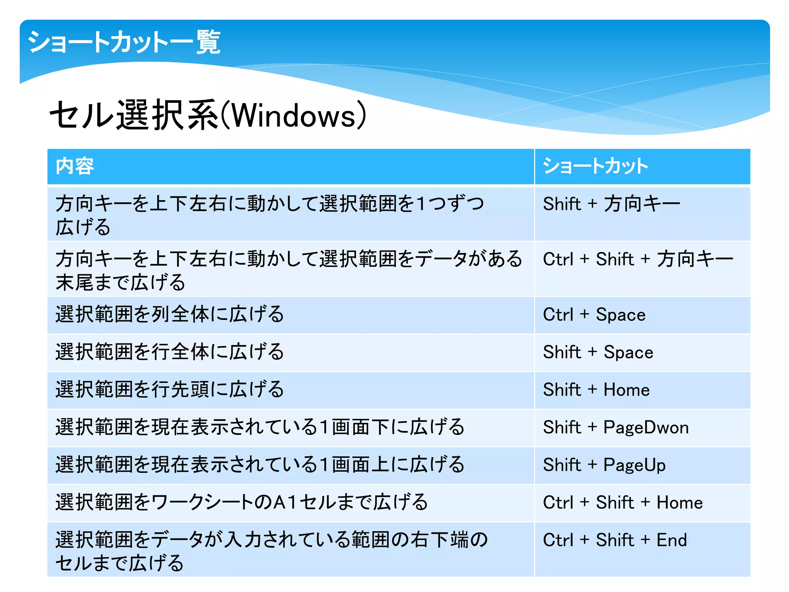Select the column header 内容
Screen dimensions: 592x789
click(x=75, y=166)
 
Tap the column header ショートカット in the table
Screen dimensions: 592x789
click(x=595, y=166)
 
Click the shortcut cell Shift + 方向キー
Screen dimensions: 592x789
click(x=611, y=204)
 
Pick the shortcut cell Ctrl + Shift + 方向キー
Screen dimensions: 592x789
click(x=638, y=259)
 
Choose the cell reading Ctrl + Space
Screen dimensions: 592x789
click(x=594, y=315)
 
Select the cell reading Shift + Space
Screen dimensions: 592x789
click(x=598, y=352)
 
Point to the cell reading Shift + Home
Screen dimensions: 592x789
click(x=596, y=390)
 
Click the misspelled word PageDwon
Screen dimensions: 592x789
click(x=646, y=427)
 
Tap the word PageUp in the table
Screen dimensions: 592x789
click(x=635, y=465)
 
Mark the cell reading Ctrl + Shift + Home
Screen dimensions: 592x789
click(x=623, y=503)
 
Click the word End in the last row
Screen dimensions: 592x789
click(x=671, y=540)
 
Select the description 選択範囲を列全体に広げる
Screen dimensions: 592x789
click(x=170, y=314)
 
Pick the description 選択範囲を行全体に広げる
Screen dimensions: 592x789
click(x=170, y=352)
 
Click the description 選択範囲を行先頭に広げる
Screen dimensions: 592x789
click(x=170, y=389)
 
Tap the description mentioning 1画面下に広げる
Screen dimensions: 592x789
click(x=260, y=427)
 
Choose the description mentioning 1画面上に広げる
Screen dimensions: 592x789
click(x=260, y=464)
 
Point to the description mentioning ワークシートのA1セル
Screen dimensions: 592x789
click(x=242, y=502)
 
